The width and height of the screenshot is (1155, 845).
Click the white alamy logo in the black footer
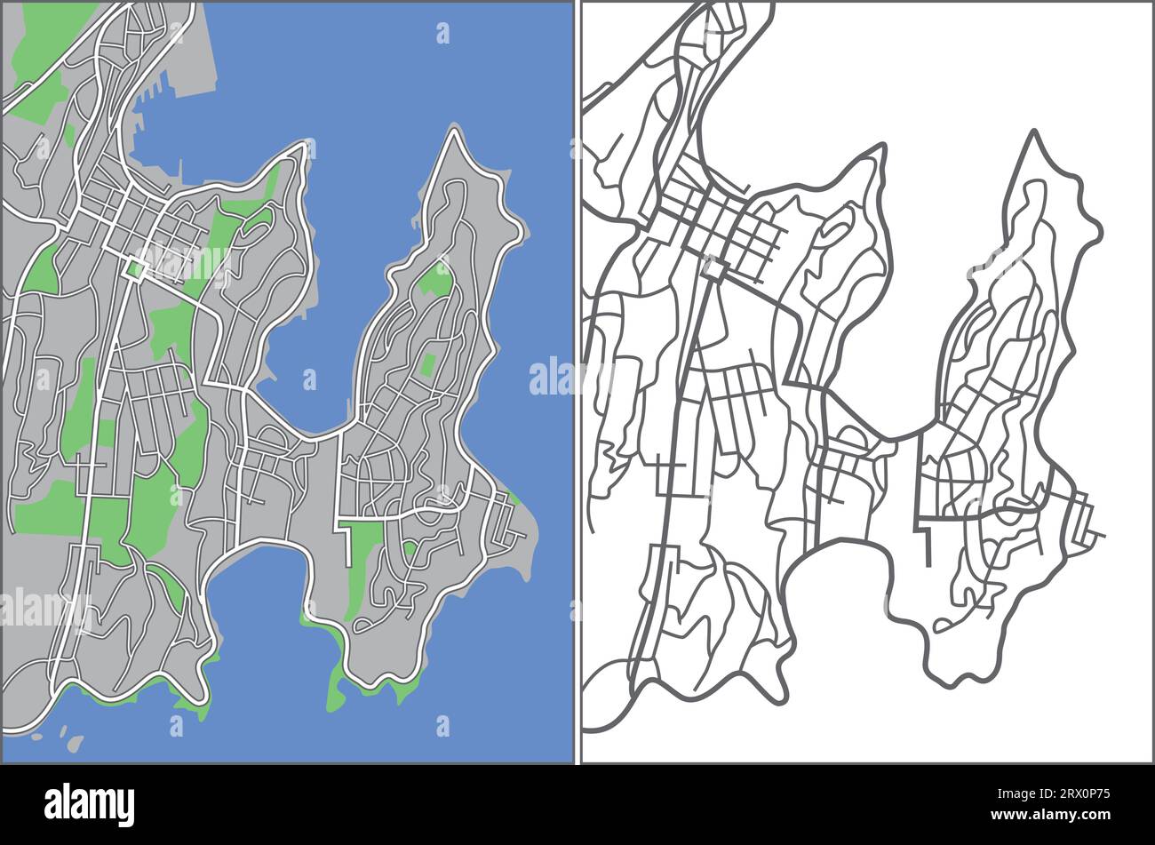click(90, 804)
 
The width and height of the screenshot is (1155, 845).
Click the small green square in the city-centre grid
click(134, 268)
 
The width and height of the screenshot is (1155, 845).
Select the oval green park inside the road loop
click(259, 218)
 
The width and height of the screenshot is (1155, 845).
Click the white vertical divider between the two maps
click(577, 382)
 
